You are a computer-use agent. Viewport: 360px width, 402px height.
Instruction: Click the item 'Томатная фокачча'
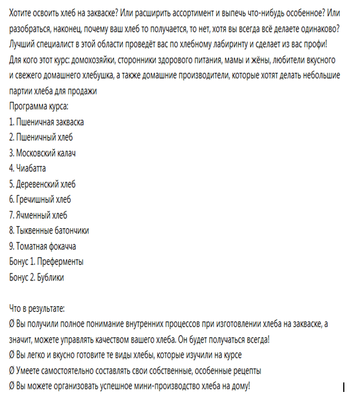(x=46, y=246)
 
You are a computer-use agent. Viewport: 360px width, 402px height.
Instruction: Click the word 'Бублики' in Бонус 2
(x=51, y=277)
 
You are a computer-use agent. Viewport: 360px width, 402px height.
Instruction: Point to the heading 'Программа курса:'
(x=39, y=106)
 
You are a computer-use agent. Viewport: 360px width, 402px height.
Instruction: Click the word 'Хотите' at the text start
(x=21, y=12)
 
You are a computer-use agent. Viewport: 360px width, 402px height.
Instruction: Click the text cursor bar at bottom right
(x=343, y=386)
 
